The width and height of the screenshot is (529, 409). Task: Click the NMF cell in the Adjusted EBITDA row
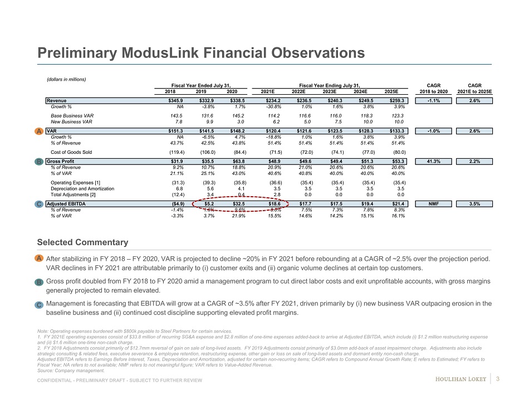(x=437, y=204)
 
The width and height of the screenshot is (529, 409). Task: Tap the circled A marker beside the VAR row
(x=40, y=131)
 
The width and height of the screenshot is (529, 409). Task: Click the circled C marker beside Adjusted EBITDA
(x=40, y=204)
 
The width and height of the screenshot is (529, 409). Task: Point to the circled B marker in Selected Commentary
(x=40, y=283)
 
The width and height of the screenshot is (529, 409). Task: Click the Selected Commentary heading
(x=82, y=242)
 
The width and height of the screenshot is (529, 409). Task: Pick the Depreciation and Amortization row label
(x=82, y=188)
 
